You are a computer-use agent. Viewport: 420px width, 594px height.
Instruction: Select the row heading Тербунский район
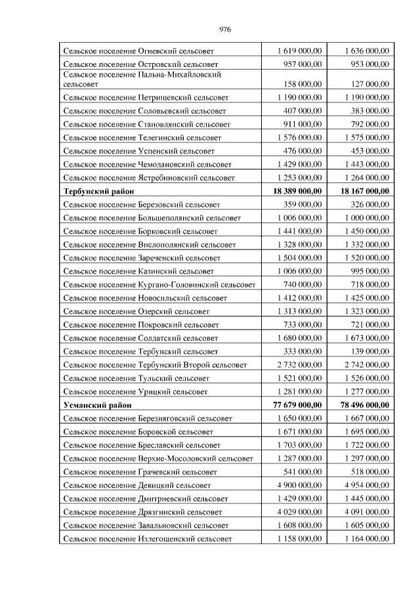(99, 191)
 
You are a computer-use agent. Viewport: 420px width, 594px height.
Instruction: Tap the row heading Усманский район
(96, 405)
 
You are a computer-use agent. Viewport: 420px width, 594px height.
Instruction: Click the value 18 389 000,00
(292, 191)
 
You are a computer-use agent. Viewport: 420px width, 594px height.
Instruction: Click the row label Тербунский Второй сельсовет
(156, 365)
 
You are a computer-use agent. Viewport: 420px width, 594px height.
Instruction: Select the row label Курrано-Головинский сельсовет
(159, 285)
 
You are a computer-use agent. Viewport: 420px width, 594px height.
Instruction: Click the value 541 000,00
(301, 471)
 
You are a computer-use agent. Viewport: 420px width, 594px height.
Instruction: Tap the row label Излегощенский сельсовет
(148, 538)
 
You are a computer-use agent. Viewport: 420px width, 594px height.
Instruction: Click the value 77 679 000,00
(292, 405)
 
